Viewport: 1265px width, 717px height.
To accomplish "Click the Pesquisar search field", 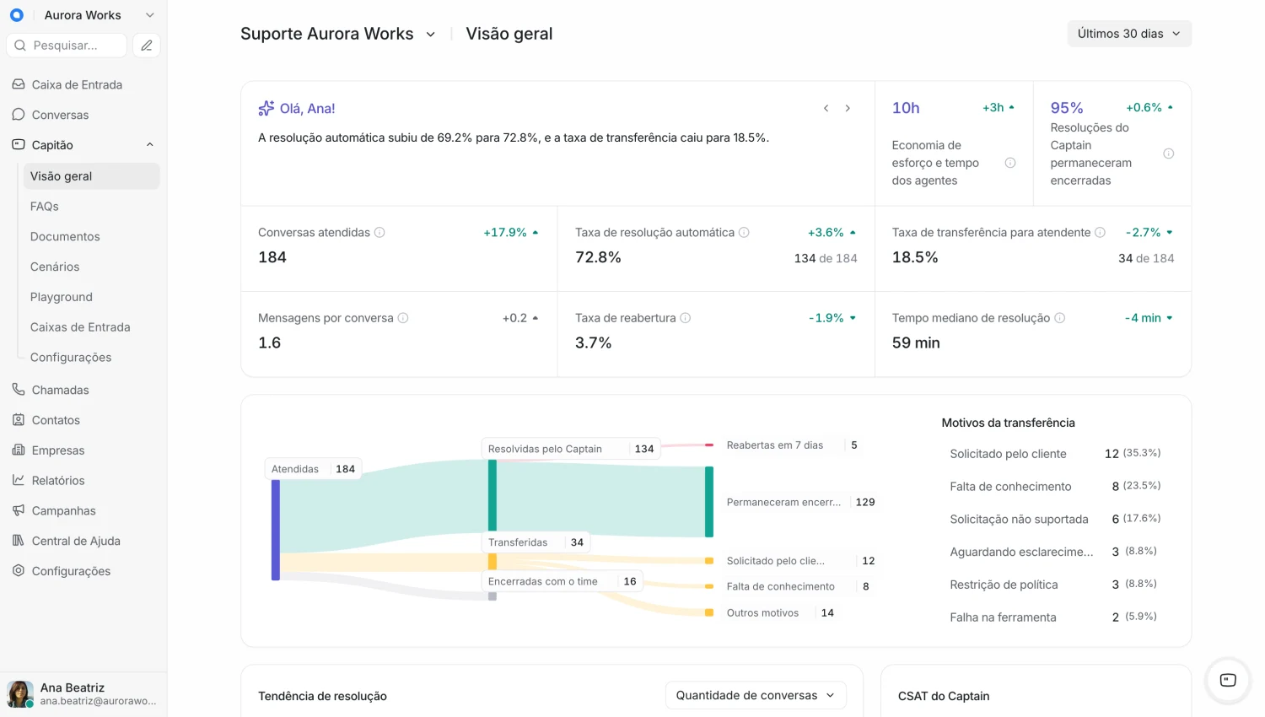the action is click(67, 46).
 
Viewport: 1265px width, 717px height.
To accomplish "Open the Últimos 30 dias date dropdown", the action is click(1129, 34).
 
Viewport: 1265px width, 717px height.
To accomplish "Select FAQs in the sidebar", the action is click(45, 206).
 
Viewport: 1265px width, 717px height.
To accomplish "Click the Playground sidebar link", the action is click(61, 297).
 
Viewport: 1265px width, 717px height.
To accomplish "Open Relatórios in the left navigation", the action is click(57, 480).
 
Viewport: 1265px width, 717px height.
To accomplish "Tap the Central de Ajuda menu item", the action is click(76, 541).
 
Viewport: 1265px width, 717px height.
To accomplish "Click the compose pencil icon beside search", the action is click(147, 46).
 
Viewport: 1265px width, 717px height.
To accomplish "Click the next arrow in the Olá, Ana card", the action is click(848, 108).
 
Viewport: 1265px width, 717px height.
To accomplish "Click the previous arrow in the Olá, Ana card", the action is click(826, 108).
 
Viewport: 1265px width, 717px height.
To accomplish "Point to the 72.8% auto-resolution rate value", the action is click(598, 257).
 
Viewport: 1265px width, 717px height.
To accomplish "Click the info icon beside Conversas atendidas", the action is click(379, 232).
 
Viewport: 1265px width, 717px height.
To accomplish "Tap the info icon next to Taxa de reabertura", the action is click(685, 318).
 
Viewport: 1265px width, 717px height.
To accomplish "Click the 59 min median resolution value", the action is click(916, 342).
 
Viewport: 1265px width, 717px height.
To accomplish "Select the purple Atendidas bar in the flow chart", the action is click(276, 530).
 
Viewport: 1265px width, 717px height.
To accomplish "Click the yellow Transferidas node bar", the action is click(493, 561).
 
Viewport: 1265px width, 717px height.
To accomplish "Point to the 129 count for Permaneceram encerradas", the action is click(865, 502).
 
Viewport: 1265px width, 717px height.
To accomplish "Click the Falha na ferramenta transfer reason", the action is click(1003, 617).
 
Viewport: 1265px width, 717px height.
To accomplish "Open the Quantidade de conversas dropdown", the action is click(756, 695).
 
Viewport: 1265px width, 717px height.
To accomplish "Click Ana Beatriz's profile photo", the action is click(19, 693).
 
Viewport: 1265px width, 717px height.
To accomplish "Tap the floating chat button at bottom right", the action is click(1228, 680).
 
